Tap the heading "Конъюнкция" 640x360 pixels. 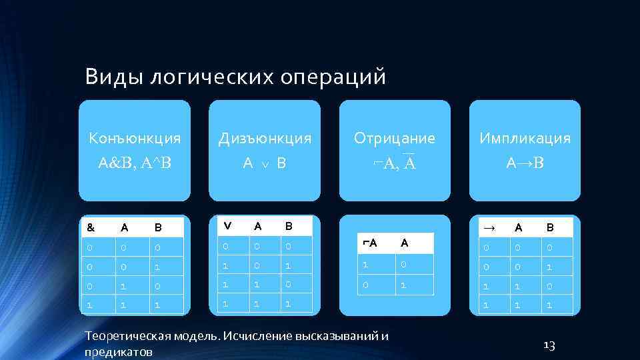pos(135,139)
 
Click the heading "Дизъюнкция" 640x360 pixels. pos(265,139)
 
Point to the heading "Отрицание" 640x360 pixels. pos(395,139)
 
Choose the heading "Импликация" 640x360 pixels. pos(525,139)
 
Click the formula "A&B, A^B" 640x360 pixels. pos(135,162)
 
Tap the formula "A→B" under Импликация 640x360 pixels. pos(525,162)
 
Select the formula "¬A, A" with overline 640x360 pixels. pos(395,162)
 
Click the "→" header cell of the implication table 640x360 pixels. pos(489,227)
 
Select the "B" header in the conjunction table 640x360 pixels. pos(158,227)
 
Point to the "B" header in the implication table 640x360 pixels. pos(549,227)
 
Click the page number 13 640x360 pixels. pos(549,345)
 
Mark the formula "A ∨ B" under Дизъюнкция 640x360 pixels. pos(265,162)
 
